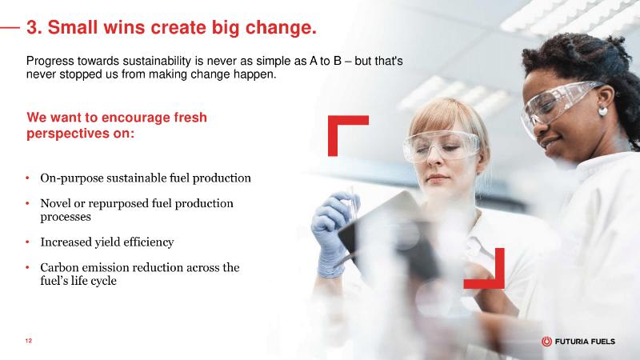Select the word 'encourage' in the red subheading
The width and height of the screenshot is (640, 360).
point(135,118)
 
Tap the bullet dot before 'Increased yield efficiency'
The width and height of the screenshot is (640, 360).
point(27,242)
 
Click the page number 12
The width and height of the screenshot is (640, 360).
point(28,341)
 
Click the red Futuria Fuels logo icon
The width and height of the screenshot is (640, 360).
point(546,342)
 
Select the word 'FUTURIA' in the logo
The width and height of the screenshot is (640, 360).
point(569,342)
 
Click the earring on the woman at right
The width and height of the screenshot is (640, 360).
point(602,111)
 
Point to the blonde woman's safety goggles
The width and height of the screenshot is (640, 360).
point(442,146)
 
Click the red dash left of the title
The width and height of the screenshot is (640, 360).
point(10,28)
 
